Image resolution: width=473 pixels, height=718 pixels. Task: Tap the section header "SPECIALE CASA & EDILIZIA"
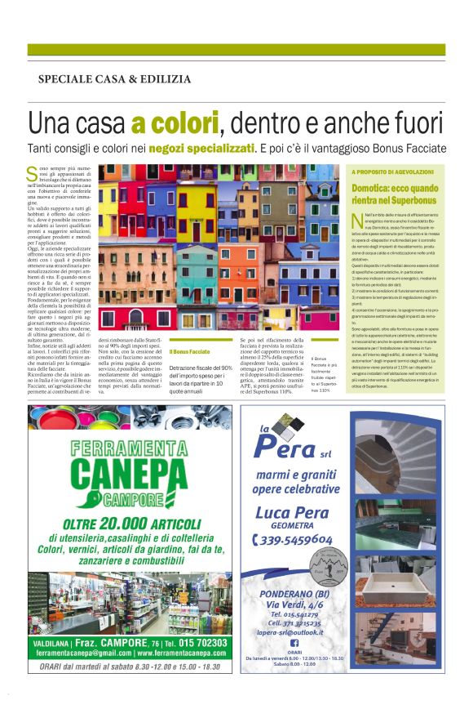point(114,79)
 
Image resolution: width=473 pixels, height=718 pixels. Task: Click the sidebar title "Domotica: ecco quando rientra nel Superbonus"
point(396,194)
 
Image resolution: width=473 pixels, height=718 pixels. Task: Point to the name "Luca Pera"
point(296,513)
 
